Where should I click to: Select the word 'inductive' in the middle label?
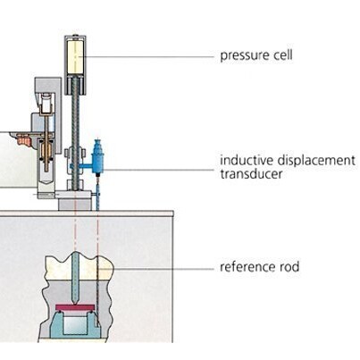coord(247,160)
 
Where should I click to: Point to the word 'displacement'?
coord(316,160)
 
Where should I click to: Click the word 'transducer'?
coord(251,173)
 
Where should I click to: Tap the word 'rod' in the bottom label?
coord(289,266)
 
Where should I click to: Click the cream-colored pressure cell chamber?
coord(76,57)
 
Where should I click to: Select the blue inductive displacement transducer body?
coord(97,157)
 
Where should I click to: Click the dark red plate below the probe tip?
coord(75,307)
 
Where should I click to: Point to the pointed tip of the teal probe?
coord(75,304)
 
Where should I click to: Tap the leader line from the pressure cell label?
coord(148,56)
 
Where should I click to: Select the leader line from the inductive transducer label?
coord(158,170)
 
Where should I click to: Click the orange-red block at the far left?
coord(23,139)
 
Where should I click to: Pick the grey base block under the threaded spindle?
coord(74,205)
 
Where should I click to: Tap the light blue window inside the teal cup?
coord(74,325)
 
